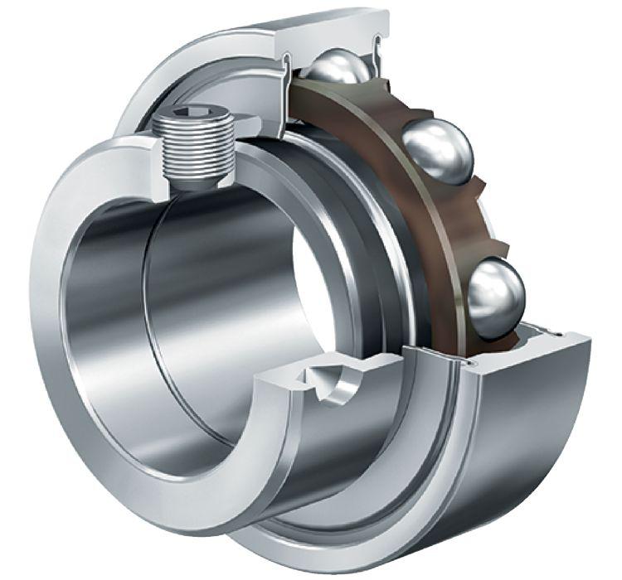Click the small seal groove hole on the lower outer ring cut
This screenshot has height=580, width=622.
474,363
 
